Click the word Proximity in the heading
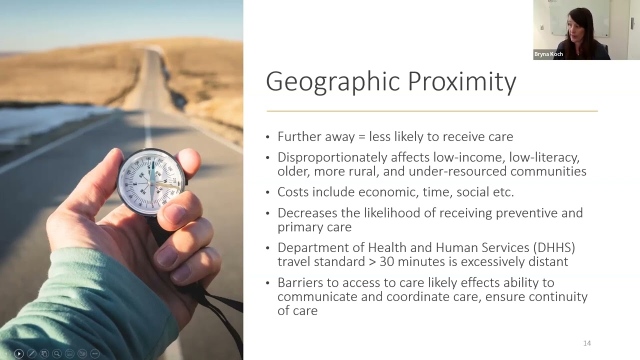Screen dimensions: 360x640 pyautogui.click(x=462, y=81)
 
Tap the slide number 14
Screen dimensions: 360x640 pyautogui.click(x=587, y=343)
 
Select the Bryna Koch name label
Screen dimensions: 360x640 pyautogui.click(x=548, y=54)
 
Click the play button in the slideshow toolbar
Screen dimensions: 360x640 pyautogui.click(x=19, y=353)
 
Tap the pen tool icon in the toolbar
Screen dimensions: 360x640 pyautogui.click(x=31, y=353)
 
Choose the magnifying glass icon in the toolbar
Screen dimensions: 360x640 pyautogui.click(x=57, y=353)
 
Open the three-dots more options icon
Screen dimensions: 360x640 pyautogui.click(x=95, y=353)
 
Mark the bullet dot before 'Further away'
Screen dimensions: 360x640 pyautogui.click(x=267, y=137)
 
